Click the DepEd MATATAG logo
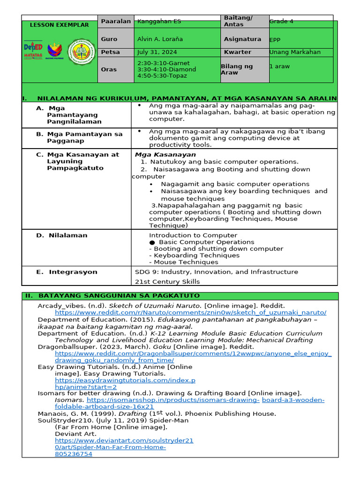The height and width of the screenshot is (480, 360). [x=33, y=51]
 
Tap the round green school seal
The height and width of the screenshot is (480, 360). [x=81, y=52]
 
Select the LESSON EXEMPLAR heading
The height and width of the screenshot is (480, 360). [x=59, y=25]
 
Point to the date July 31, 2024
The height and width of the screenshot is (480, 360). [x=157, y=52]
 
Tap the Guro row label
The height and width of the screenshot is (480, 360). [x=109, y=39]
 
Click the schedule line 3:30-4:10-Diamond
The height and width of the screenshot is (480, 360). [x=166, y=69]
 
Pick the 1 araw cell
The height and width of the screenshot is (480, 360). [x=279, y=66]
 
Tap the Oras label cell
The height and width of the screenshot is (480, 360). [x=109, y=69]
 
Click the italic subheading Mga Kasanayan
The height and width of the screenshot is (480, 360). [x=165, y=155]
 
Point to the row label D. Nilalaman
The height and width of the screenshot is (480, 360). [x=62, y=235]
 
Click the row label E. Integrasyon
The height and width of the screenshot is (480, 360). [x=67, y=272]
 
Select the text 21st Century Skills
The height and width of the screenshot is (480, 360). [x=167, y=282]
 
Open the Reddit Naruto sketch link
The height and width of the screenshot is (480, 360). [x=190, y=313]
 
